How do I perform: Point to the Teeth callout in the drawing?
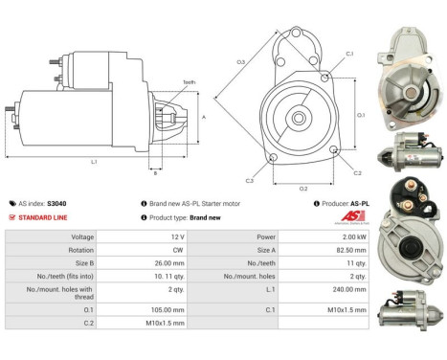pyautogui.click(x=190, y=82)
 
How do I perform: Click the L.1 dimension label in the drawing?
pyautogui.click(x=95, y=162)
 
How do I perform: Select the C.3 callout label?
pyautogui.click(x=249, y=180)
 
